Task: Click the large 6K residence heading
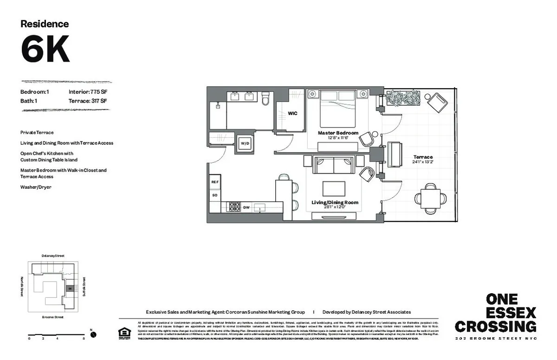45,49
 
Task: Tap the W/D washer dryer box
244,144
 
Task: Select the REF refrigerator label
215,182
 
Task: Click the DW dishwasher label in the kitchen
246,207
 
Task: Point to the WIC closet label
292,113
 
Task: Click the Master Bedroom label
338,133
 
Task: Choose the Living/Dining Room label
335,202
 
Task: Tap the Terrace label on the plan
423,157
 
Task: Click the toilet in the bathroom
266,98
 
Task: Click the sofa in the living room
333,164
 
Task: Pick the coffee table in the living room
334,188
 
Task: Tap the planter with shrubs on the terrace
403,98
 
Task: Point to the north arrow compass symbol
93,334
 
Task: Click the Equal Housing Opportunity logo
124,333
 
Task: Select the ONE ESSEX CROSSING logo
495,314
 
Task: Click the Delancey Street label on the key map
52,256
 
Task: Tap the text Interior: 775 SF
88,92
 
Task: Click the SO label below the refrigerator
215,195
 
